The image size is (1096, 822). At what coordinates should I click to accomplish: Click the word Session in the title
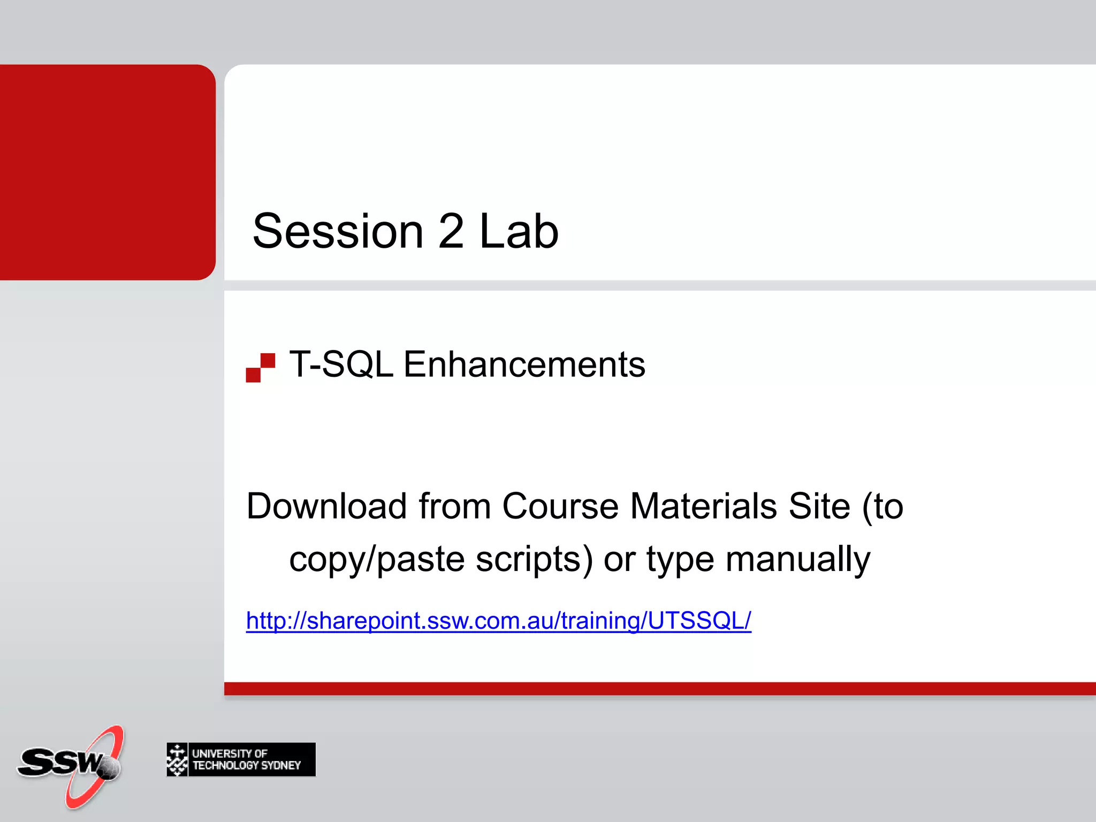[338, 231]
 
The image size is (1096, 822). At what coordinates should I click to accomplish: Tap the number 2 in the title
[451, 231]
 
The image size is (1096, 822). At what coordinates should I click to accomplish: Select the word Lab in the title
[518, 231]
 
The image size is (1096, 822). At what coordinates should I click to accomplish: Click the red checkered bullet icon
[261, 368]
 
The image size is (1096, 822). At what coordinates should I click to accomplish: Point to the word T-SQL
[341, 364]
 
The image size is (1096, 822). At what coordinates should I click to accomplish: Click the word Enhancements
[524, 364]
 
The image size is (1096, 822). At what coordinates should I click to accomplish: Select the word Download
[326, 506]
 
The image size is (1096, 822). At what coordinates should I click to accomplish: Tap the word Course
[560, 506]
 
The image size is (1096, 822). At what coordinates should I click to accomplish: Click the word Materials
[704, 506]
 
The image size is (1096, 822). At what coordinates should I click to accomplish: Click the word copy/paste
[377, 560]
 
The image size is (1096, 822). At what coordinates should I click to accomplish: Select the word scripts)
[534, 560]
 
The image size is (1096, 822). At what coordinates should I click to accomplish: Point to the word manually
[797, 560]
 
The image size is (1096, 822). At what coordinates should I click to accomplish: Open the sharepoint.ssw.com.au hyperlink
[498, 621]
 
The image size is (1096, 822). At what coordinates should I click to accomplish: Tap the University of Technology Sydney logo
[241, 759]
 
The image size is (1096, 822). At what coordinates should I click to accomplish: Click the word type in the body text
[680, 560]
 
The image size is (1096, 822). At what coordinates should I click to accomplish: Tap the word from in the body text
[454, 506]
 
